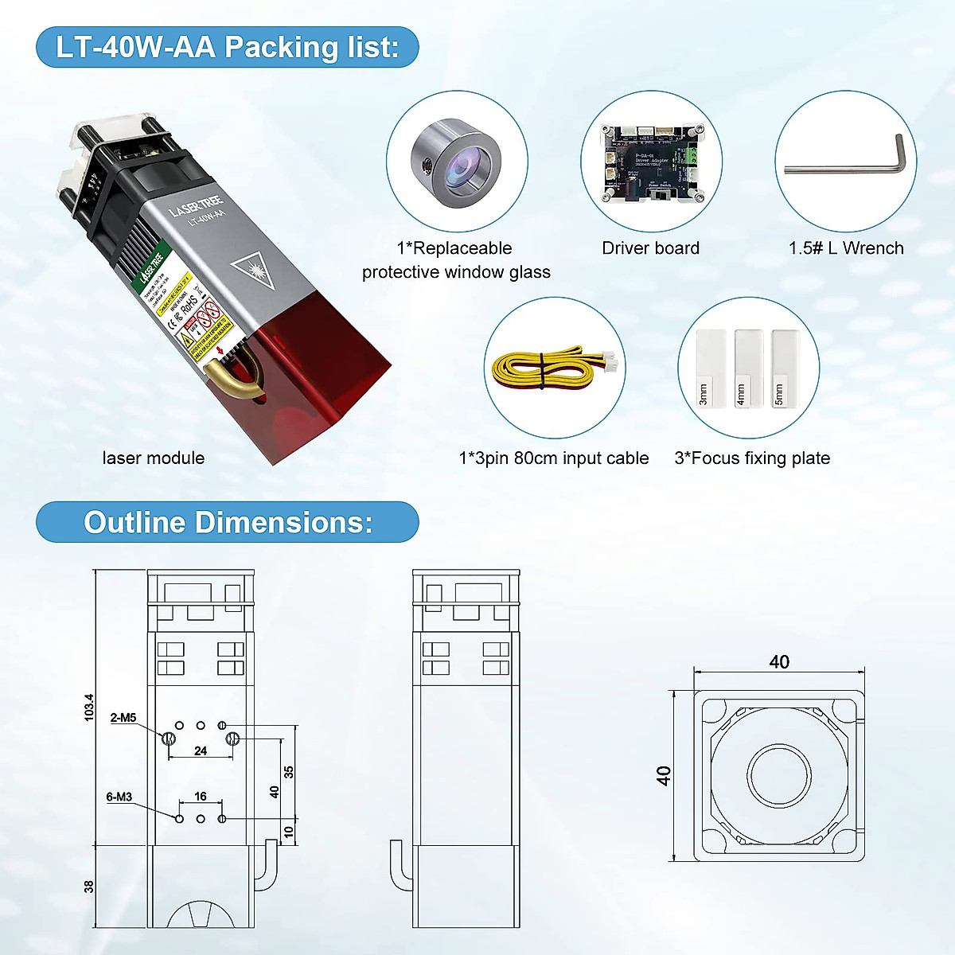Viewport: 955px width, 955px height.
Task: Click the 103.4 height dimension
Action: pyautogui.click(x=88, y=707)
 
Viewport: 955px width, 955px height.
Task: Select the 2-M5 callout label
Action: pyautogui.click(x=123, y=717)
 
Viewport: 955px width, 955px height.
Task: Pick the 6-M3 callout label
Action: pyautogui.click(x=119, y=797)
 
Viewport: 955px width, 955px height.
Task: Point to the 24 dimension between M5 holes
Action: pyautogui.click(x=201, y=750)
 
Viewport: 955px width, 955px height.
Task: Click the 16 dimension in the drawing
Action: pyautogui.click(x=201, y=796)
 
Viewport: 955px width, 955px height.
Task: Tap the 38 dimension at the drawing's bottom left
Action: pyautogui.click(x=88, y=886)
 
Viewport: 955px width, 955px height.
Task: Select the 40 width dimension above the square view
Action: pyautogui.click(x=779, y=662)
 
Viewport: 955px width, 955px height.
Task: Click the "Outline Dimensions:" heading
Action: pyautogui.click(x=228, y=522)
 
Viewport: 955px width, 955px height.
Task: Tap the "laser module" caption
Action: pyautogui.click(x=154, y=458)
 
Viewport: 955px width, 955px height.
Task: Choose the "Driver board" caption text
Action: pyautogui.click(x=650, y=248)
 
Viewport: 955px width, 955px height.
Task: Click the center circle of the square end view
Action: pyautogui.click(x=779, y=776)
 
